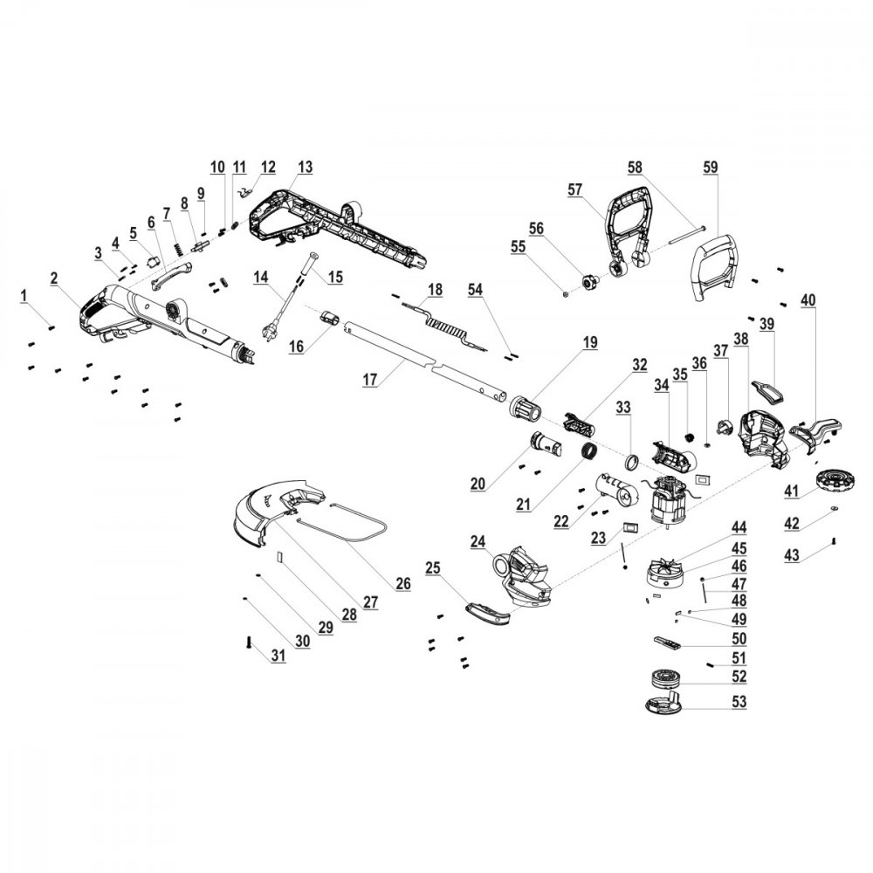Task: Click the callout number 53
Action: point(739,702)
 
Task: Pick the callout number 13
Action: point(305,166)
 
